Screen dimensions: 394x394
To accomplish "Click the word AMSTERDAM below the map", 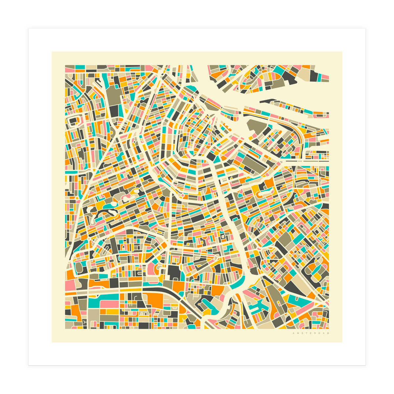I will pos(311,333).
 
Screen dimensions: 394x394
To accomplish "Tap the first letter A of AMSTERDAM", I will pos(293,333).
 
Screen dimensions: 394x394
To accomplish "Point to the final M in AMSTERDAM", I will pos(328,333).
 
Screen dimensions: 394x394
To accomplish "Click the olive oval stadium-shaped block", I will pos(79,268).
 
